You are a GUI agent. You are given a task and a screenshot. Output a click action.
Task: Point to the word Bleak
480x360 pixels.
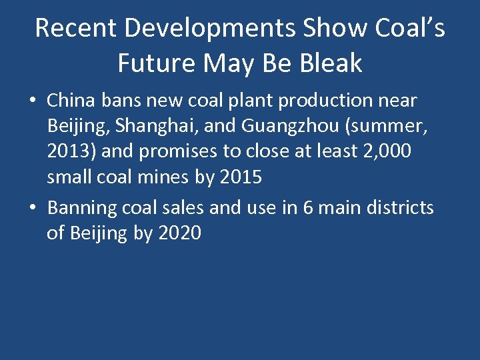coord(328,63)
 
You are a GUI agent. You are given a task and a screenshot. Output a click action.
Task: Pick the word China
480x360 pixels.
coord(72,101)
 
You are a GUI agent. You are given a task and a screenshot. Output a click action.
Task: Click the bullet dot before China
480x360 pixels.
coord(33,102)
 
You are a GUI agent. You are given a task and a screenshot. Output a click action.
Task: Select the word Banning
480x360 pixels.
coord(82,208)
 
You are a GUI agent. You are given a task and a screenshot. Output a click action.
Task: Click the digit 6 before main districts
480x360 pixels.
coord(307,208)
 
